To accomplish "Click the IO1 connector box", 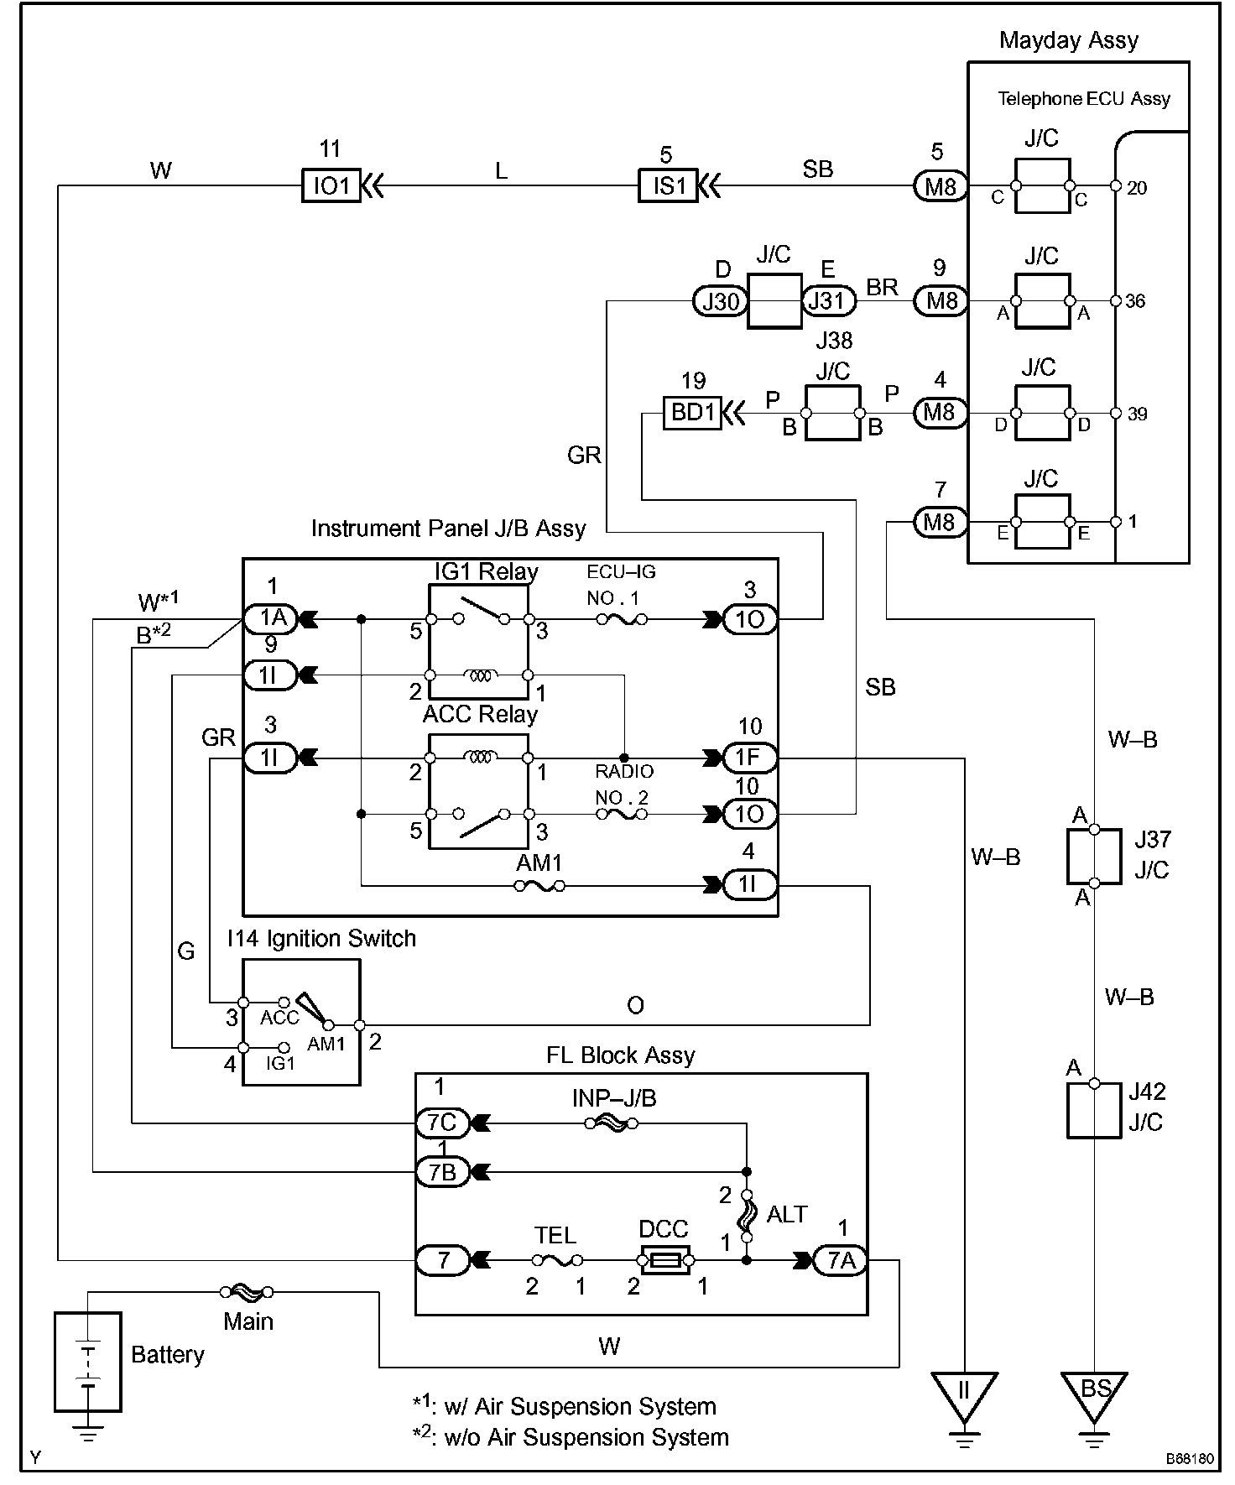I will click(331, 186).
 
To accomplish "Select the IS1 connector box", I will click(668, 186).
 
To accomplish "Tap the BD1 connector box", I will click(692, 413).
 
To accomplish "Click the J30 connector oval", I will click(720, 301).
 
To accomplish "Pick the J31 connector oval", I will click(828, 301).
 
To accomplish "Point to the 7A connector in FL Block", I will click(841, 1260).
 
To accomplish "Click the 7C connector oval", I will click(442, 1122).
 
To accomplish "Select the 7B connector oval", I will click(442, 1172).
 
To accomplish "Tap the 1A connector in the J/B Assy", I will click(270, 619).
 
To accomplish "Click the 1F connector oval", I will click(748, 758).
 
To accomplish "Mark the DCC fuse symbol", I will click(664, 1260).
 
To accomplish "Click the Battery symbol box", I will click(87, 1361).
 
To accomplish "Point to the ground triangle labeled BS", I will click(1094, 1392).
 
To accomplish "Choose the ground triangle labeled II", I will click(964, 1392).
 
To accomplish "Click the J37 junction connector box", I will click(1094, 857).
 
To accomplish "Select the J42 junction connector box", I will click(1094, 1110).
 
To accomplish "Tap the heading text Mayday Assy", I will click(1069, 40).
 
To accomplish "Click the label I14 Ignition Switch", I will click(321, 938).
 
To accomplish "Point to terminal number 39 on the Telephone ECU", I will click(1137, 414).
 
